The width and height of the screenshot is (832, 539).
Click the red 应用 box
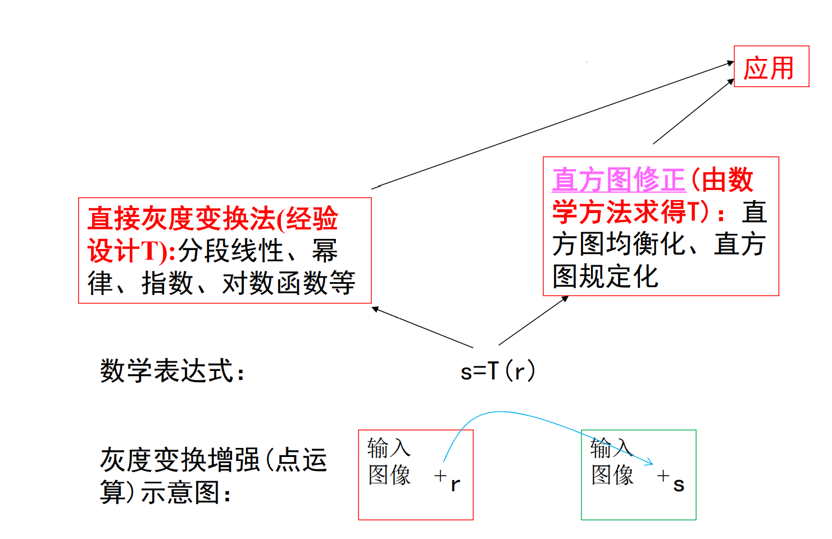coord(771,67)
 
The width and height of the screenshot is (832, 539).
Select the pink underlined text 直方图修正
coord(619,180)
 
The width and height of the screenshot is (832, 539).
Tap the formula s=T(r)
coord(497,371)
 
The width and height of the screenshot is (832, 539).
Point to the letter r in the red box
coord(455,484)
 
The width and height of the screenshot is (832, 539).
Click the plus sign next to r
coord(440,475)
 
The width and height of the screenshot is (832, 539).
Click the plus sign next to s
coord(663,475)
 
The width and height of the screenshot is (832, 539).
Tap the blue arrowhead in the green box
coord(649,463)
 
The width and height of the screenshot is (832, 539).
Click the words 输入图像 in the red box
coord(389,461)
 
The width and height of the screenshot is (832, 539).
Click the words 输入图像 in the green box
coord(612,461)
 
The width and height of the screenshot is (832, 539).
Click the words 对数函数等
coord(289,283)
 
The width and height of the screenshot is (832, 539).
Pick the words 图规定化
coord(605,277)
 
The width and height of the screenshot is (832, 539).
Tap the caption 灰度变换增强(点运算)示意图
coord(213,475)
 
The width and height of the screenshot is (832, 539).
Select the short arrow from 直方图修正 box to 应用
coord(693,111)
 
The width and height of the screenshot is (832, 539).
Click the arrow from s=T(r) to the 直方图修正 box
coord(534,320)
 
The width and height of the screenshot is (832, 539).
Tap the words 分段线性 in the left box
coord(231,251)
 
